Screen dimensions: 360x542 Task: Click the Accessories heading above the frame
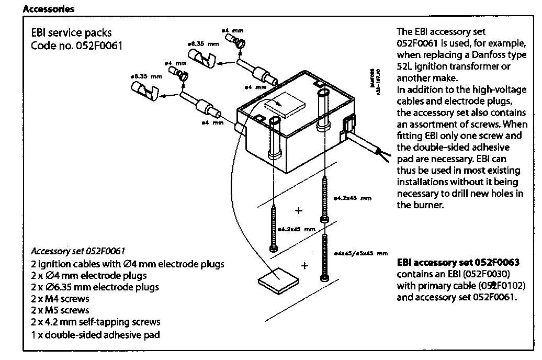coord(49,9)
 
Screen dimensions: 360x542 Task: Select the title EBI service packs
coord(72,33)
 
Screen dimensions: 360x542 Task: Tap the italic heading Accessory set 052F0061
coord(78,251)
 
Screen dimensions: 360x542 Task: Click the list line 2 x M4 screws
coord(60,299)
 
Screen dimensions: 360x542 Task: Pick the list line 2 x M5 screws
coord(60,310)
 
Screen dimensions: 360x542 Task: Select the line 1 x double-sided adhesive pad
coord(95,334)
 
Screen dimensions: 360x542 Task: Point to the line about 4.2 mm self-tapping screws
coord(96,322)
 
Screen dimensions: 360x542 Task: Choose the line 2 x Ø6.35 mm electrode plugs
coord(95,287)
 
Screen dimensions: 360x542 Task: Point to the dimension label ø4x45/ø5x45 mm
coord(360,254)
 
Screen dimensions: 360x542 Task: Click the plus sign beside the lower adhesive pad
coord(305,266)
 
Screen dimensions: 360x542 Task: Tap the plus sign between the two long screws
coord(299,211)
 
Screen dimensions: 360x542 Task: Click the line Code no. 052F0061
coord(76,46)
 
